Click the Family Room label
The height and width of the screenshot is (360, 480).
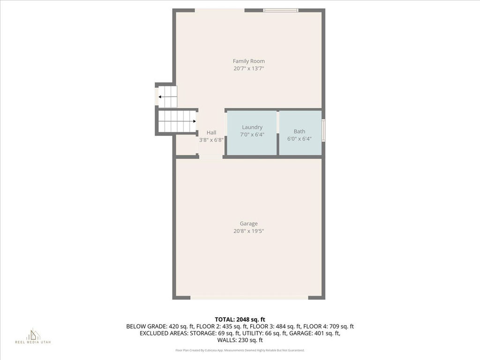click(x=248, y=61)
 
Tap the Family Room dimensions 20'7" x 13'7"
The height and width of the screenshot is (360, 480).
click(x=248, y=68)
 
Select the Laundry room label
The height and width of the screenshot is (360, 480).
click(x=252, y=127)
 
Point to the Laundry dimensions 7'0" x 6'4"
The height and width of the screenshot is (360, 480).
click(x=252, y=135)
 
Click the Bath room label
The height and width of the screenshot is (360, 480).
click(x=300, y=131)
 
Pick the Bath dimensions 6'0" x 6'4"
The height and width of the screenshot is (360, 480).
click(x=300, y=139)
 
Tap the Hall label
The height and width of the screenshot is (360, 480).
click(x=211, y=133)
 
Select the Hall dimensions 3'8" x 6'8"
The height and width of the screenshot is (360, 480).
click(x=211, y=140)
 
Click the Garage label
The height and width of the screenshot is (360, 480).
click(x=248, y=224)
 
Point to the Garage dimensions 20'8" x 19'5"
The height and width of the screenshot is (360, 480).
click(x=248, y=231)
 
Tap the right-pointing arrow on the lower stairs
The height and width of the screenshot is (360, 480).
click(x=177, y=121)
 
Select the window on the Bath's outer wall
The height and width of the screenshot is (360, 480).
click(x=323, y=130)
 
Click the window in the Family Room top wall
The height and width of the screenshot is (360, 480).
click(x=281, y=10)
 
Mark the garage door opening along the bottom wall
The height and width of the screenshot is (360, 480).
click(x=249, y=298)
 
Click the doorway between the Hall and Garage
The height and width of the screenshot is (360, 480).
click(x=211, y=157)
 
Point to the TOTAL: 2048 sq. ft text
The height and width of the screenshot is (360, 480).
click(x=240, y=320)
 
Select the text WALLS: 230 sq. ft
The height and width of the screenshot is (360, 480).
click(x=240, y=340)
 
